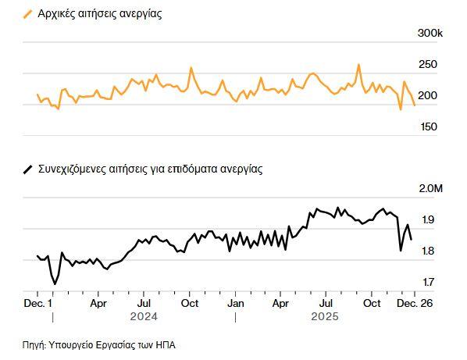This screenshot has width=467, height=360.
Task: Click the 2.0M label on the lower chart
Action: point(430,189)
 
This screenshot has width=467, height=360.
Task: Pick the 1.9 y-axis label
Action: point(429,219)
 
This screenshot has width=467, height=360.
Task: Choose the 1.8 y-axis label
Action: point(429,251)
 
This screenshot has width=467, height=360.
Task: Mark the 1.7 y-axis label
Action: point(429,282)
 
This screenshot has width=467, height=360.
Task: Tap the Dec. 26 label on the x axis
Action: point(415,302)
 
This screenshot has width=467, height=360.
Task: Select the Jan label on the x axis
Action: point(234,302)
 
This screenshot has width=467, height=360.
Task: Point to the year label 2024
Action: point(143,318)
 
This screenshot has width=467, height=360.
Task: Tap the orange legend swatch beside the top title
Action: point(29,14)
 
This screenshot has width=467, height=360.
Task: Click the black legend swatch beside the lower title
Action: point(29,168)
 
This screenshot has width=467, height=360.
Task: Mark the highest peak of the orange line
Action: point(358,65)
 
